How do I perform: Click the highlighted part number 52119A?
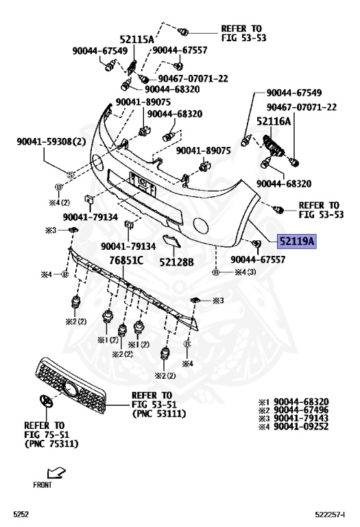pos(297,241)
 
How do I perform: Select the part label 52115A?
pos(136,40)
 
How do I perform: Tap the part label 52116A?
pos(274,121)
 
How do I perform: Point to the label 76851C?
pos(127,260)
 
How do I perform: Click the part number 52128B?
pos(177,262)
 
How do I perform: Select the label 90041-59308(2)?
pos(51,141)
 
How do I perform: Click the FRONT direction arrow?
pos(56,473)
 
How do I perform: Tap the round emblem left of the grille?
pos(45,401)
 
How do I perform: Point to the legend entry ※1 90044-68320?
pos(293,401)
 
